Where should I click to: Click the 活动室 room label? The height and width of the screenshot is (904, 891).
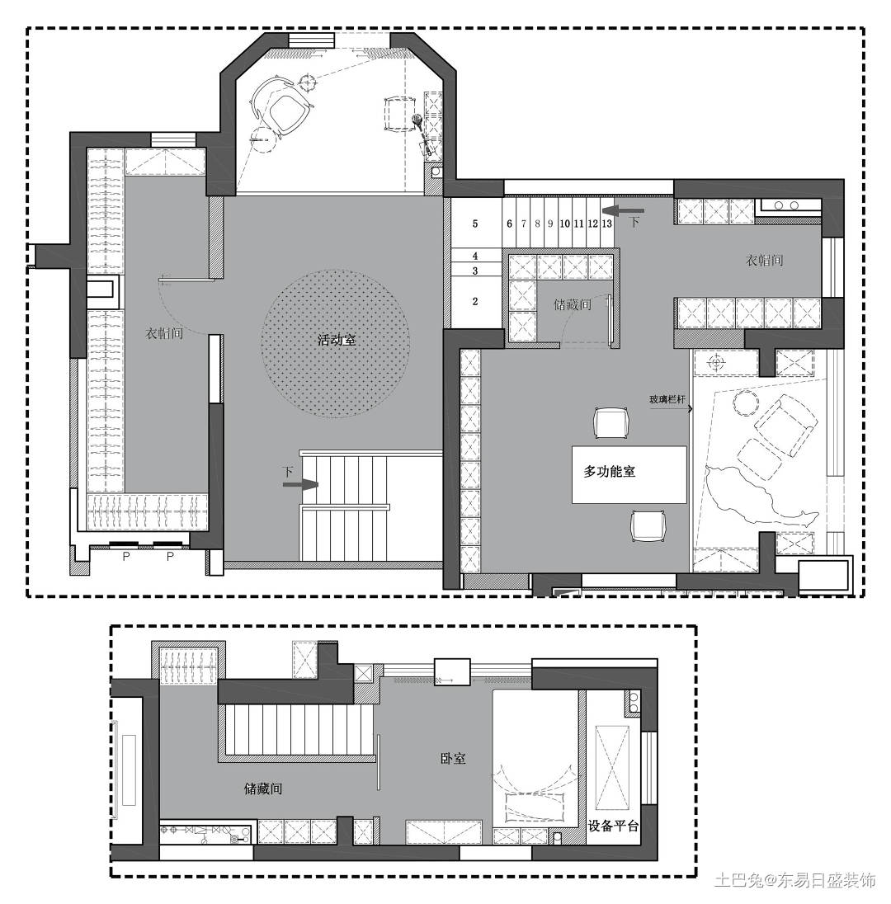[x=337, y=340]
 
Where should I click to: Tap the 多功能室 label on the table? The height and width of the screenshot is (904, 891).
[x=609, y=472]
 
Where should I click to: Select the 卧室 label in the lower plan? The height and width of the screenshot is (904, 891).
[x=453, y=758]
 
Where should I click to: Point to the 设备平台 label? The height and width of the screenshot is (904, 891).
[x=613, y=826]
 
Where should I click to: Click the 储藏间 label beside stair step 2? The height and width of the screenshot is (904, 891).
[x=572, y=304]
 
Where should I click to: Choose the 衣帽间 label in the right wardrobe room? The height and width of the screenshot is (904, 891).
[x=764, y=261]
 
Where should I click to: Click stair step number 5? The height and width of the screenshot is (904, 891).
[x=475, y=224]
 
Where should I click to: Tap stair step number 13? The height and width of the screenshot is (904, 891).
[x=606, y=224]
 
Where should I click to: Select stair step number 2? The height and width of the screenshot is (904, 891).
[x=475, y=302]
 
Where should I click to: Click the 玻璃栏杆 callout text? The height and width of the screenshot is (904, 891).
[x=667, y=399]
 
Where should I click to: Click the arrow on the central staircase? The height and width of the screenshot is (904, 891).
[x=300, y=484]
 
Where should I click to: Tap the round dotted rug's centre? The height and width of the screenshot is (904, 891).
[x=335, y=343]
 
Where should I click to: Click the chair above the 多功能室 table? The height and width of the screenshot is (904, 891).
[x=610, y=423]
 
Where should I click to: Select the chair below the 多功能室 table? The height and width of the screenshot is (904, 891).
[x=648, y=525]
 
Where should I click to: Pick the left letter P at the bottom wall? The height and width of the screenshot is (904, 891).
[x=126, y=557]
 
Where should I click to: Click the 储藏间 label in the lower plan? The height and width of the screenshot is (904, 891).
[x=263, y=789]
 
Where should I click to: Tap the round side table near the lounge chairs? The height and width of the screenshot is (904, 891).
[x=746, y=403]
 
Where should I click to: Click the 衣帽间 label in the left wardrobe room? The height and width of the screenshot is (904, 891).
[x=164, y=333]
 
